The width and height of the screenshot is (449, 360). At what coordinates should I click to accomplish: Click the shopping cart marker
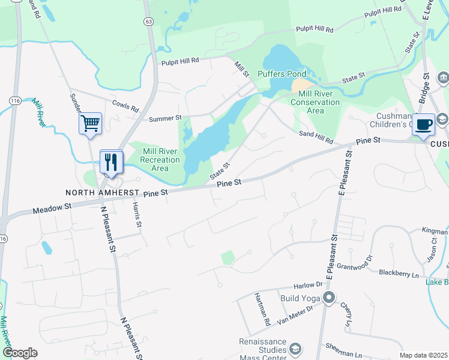coord(91,124)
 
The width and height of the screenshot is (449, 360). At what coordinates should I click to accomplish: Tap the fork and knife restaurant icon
coord(111,162)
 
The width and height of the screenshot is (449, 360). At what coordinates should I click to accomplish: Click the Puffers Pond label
coord(282,74)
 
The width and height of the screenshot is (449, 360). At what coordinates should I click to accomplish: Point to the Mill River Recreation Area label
coord(160,160)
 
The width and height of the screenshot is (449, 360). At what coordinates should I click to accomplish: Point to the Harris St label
coord(137,216)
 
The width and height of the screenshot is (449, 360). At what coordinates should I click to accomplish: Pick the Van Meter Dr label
coord(295,315)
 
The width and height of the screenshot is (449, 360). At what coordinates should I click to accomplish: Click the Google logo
coord(20,352)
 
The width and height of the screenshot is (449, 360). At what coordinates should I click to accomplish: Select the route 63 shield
coord(148,21)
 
